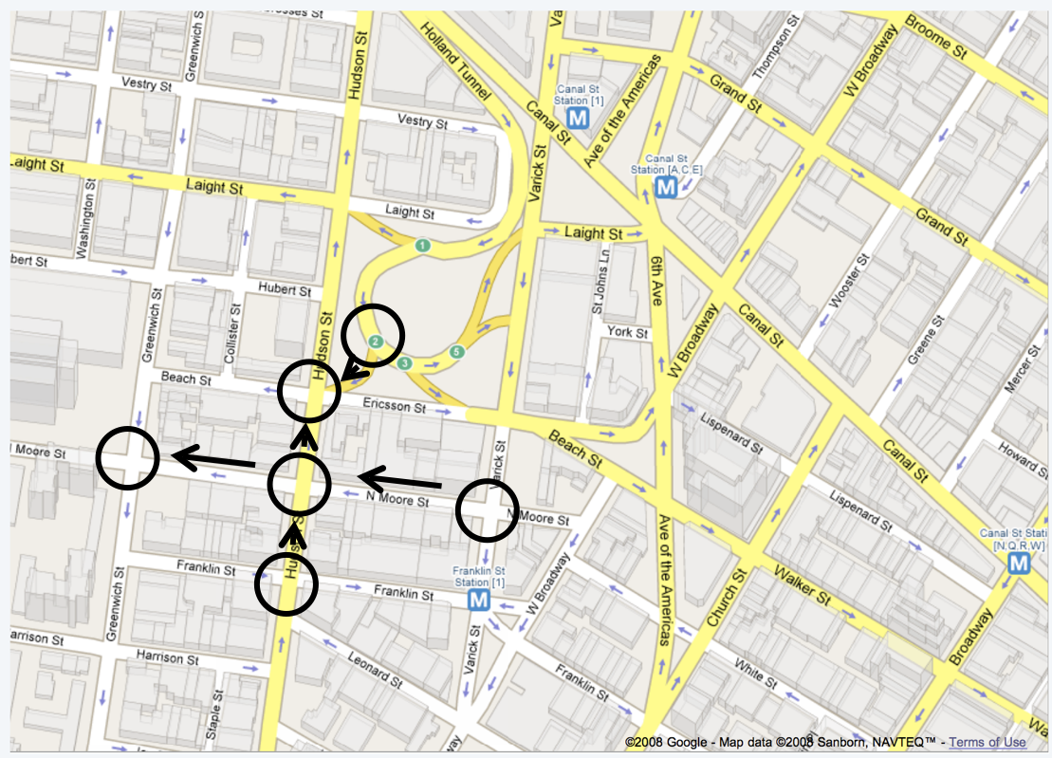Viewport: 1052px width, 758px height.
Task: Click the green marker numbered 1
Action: coord(421,246)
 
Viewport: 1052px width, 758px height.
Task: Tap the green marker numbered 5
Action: coord(457,352)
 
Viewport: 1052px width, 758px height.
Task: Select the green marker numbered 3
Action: coord(406,362)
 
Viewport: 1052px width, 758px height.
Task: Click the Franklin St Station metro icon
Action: coord(479,600)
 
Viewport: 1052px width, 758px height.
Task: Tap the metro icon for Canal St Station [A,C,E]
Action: coord(666,187)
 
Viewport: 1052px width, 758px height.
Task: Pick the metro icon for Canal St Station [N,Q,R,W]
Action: coord(1019,564)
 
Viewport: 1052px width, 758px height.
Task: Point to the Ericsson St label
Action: coord(394,405)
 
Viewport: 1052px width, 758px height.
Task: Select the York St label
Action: coord(628,333)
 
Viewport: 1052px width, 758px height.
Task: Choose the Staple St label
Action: coord(213,713)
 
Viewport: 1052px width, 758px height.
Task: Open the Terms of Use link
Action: coord(987,742)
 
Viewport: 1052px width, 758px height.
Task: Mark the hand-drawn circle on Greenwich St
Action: coord(127,457)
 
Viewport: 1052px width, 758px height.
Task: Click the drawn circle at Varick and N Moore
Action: coord(488,509)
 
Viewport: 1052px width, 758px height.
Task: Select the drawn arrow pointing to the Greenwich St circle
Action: coord(213,460)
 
